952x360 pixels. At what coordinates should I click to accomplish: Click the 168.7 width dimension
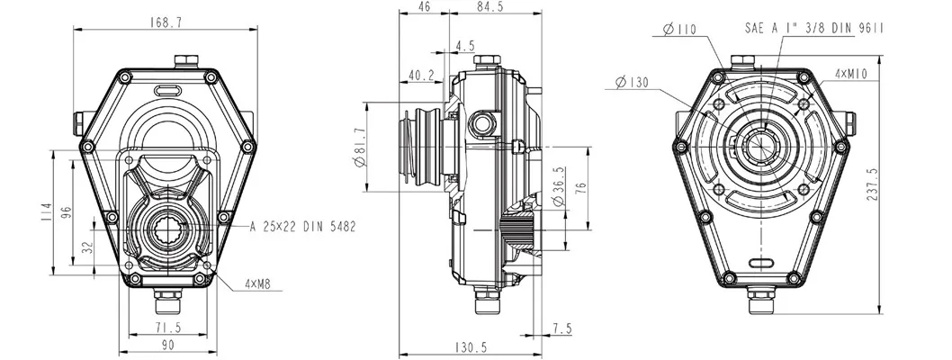[166, 22]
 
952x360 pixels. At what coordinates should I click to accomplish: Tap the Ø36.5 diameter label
[559, 188]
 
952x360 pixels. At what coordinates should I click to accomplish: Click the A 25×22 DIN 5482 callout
[302, 226]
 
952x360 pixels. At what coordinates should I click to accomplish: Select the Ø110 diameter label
[680, 30]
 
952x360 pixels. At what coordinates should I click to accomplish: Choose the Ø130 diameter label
[633, 82]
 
